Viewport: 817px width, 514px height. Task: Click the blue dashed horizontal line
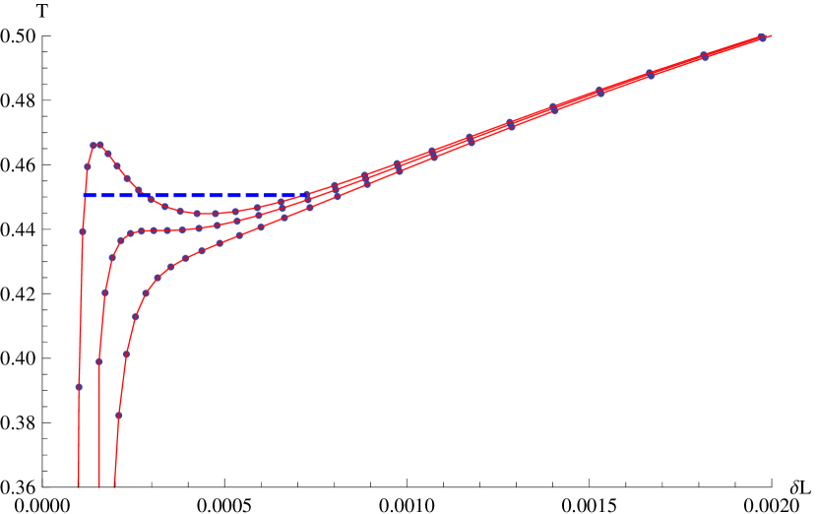tap(197, 195)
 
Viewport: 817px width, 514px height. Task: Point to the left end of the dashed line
tap(85, 195)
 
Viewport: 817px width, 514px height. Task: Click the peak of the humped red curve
tap(97, 144)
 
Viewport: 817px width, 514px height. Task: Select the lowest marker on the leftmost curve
tap(79, 387)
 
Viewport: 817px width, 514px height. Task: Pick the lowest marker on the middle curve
tap(99, 361)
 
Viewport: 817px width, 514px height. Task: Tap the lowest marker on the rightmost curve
tap(119, 416)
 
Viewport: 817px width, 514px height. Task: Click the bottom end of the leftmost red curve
tap(78, 484)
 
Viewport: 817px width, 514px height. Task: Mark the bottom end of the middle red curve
tap(99, 486)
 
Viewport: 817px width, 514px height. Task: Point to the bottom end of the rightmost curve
tap(114, 486)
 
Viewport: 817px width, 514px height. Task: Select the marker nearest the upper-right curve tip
tap(762, 37)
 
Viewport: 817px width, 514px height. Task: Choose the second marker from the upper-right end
tap(704, 56)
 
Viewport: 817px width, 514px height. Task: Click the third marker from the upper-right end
tap(650, 74)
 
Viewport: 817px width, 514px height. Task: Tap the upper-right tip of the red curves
tap(772, 34)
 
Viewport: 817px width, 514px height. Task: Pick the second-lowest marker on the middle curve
tap(105, 292)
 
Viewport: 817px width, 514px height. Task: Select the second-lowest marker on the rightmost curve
tap(126, 353)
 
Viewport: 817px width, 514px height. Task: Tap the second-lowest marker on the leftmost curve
tap(83, 231)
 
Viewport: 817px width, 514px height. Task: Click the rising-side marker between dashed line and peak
tap(88, 166)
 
